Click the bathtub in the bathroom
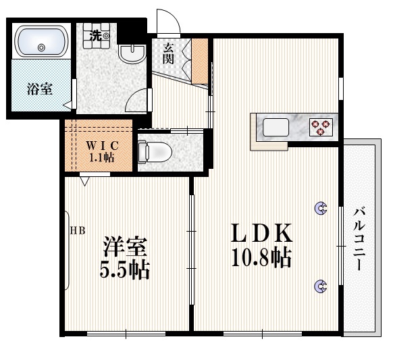[41, 42]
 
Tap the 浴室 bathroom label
[40, 88]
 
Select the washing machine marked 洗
[99, 36]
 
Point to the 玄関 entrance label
[168, 53]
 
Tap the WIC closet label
[101, 145]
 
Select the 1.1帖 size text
[101, 157]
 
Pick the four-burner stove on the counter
[321, 126]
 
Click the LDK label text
[262, 234]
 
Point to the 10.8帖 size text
[262, 257]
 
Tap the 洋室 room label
[126, 246]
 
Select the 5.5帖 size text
[126, 270]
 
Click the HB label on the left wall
[78, 230]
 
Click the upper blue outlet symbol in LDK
[320, 209]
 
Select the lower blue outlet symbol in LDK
[320, 287]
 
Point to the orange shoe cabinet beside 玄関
[201, 59]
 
